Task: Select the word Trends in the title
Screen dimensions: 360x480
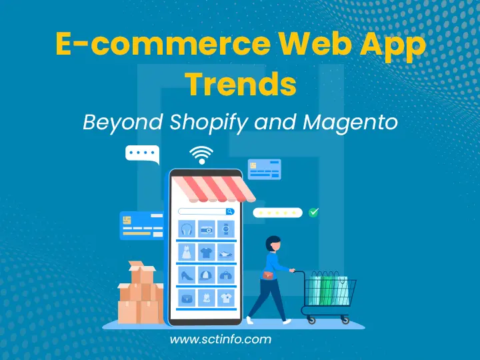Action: pyautogui.click(x=240, y=85)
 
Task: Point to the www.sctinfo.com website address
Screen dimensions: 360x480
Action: pyautogui.click(x=221, y=340)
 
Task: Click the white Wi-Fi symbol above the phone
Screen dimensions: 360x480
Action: pyautogui.click(x=200, y=155)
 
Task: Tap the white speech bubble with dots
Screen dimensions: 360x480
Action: pyautogui.click(x=142, y=155)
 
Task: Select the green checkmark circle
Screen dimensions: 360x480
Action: pyautogui.click(x=314, y=212)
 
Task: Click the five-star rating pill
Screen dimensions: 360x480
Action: pyautogui.click(x=277, y=213)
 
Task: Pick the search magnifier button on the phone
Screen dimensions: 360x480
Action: pyautogui.click(x=230, y=211)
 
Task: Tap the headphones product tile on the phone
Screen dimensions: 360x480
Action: pyautogui.click(x=187, y=229)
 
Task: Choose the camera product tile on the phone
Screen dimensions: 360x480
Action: pyautogui.click(x=207, y=229)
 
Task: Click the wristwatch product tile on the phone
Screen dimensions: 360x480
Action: pyautogui.click(x=226, y=229)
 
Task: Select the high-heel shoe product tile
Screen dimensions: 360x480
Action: pyautogui.click(x=187, y=275)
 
